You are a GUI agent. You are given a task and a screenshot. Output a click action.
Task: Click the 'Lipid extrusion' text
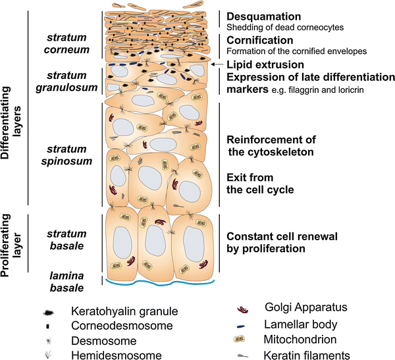coord(265,64)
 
